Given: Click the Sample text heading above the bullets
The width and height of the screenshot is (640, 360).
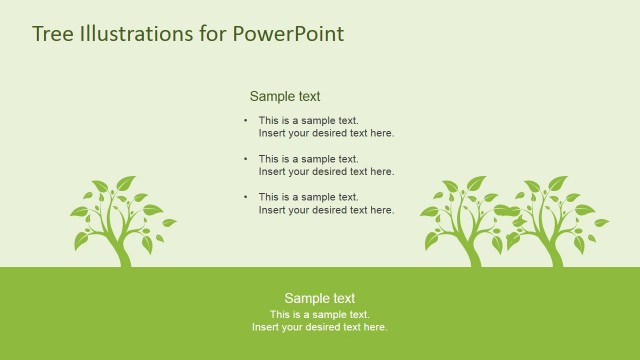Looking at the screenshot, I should (x=285, y=97).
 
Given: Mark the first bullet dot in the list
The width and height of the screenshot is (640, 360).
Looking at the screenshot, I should (x=246, y=121).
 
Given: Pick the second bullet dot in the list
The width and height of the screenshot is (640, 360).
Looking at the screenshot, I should (x=246, y=159).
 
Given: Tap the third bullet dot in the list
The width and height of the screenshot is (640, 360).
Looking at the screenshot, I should (x=246, y=197).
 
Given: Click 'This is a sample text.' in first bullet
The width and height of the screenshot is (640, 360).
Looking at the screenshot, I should (x=308, y=121).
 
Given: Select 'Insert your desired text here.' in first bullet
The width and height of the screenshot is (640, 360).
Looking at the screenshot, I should (x=326, y=133).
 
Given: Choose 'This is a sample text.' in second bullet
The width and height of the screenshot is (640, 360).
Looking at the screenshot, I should (x=308, y=159).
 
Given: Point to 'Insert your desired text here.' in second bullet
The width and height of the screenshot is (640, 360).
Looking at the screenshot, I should (x=326, y=171).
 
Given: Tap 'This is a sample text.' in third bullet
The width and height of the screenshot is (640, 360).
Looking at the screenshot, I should (x=308, y=197).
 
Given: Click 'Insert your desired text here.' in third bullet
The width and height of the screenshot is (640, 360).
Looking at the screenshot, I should (x=326, y=210).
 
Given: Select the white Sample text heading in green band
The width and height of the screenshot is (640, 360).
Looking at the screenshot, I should (x=320, y=298).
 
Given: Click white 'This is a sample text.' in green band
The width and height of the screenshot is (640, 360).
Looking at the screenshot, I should (x=320, y=314).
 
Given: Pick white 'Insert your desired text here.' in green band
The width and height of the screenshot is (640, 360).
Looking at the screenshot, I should (x=320, y=327).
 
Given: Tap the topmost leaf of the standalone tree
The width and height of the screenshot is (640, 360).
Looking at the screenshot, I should (x=125, y=183).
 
